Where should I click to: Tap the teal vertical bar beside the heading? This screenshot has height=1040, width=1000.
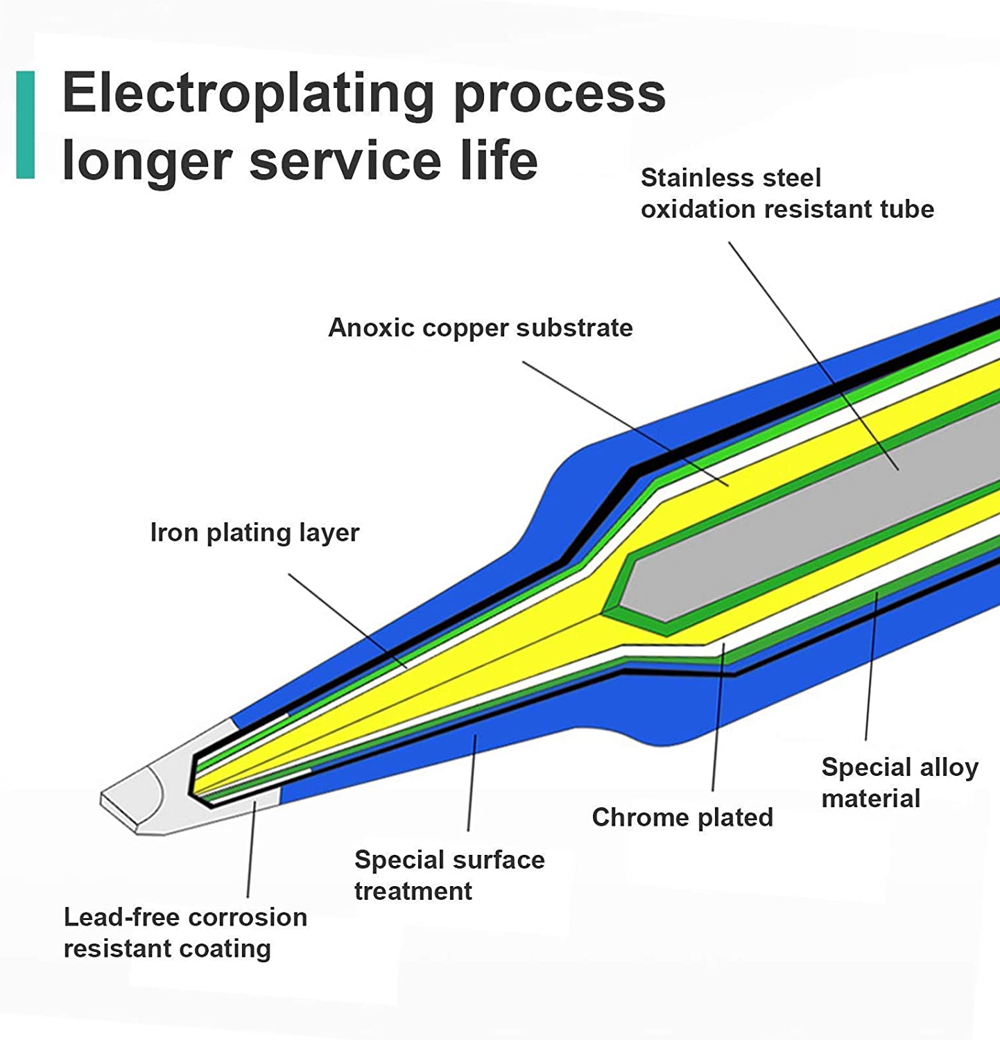(x=26, y=125)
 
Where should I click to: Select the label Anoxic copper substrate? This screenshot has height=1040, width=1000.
(x=480, y=328)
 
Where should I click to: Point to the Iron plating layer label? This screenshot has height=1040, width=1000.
(x=255, y=532)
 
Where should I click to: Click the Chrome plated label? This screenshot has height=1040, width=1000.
(x=682, y=817)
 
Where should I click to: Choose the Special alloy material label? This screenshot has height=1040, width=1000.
(x=899, y=783)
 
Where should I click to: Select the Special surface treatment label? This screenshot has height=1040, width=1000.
(x=449, y=875)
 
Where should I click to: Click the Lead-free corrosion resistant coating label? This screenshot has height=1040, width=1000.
(x=185, y=933)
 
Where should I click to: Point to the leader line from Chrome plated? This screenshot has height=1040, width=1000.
(x=718, y=717)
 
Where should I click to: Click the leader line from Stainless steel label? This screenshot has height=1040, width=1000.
(x=813, y=356)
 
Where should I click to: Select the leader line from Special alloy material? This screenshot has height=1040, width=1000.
(x=870, y=666)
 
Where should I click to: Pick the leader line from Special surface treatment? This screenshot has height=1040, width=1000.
(x=472, y=783)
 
